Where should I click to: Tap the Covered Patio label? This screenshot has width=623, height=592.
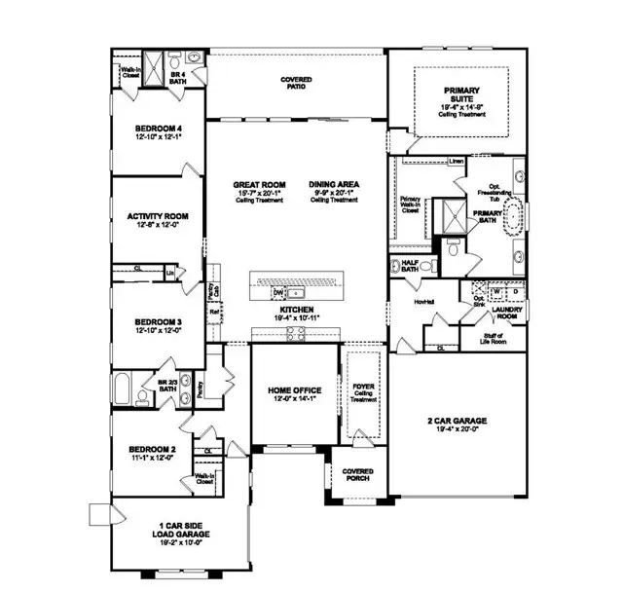tap(296, 85)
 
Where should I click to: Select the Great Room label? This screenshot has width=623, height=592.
tap(258, 185)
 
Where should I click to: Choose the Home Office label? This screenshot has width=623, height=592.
tap(294, 390)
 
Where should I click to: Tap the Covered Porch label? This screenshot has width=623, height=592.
tap(357, 474)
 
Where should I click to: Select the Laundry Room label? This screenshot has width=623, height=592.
tap(506, 314)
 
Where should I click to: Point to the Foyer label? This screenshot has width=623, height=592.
tap(363, 391)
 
